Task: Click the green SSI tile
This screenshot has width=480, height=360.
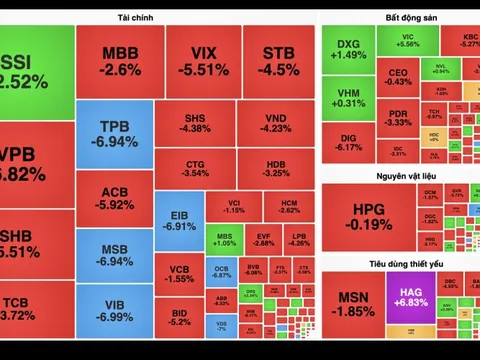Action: [36, 70]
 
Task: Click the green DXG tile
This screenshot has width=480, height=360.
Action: [347, 50]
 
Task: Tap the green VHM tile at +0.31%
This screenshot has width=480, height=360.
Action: [347, 97]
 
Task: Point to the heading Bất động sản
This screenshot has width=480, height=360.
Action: [399, 18]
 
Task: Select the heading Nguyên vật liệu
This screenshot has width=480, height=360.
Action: [399, 176]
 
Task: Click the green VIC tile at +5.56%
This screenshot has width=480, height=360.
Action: [407, 39]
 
